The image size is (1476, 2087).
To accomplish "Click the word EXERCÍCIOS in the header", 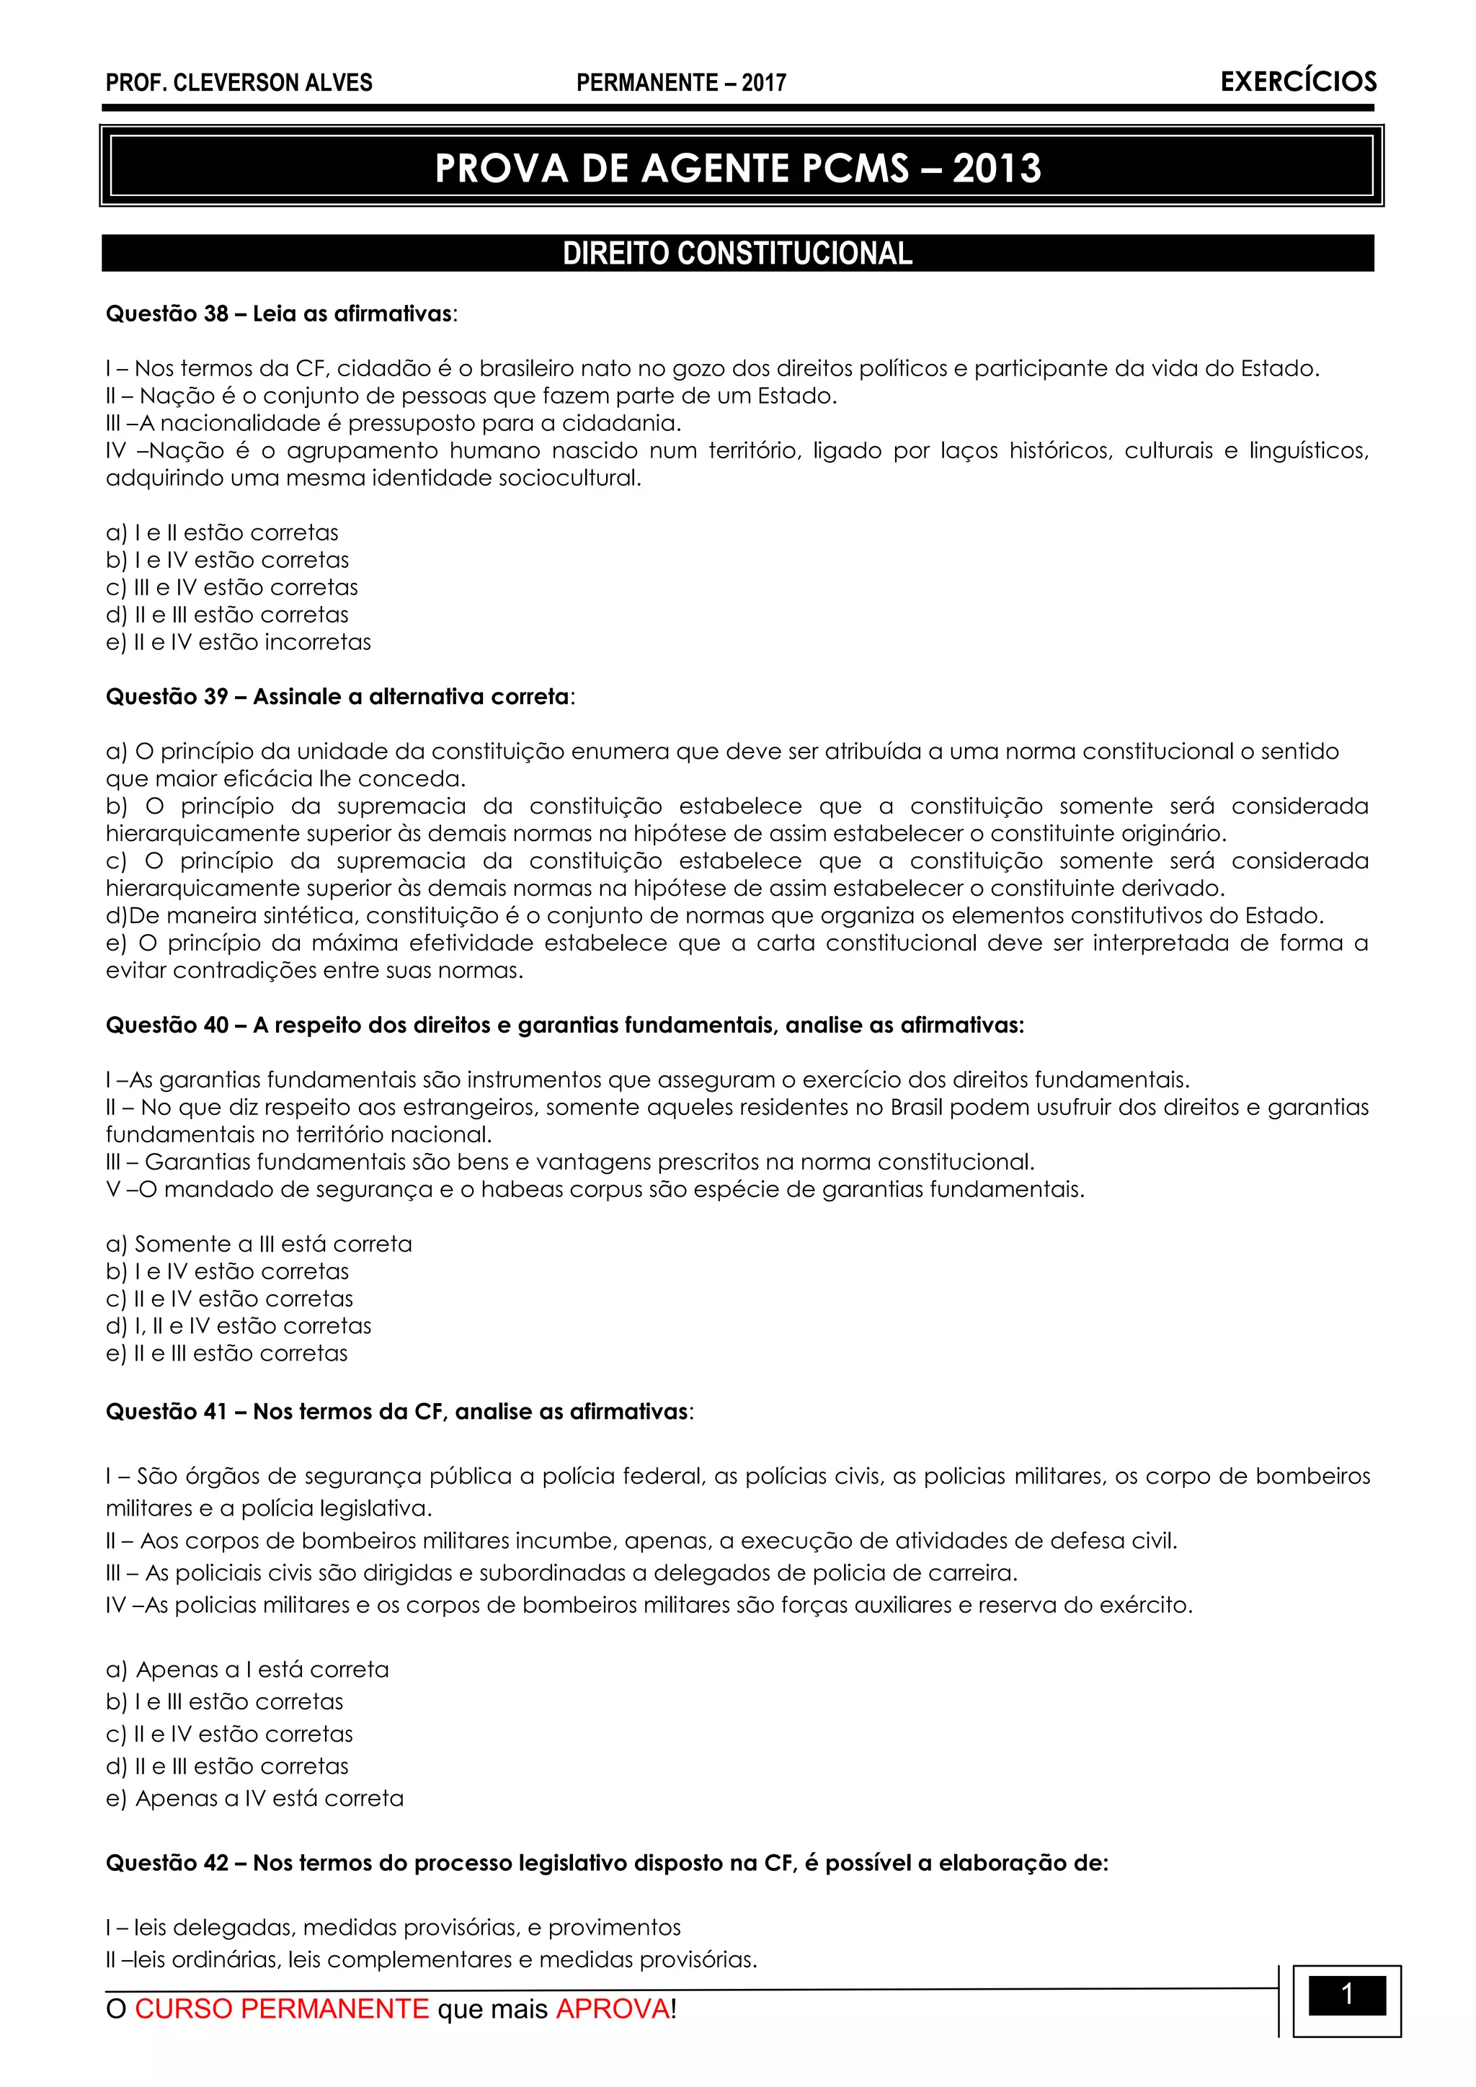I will pyautogui.click(x=1298, y=82).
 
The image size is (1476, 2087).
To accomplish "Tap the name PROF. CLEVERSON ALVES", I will pyautogui.click(x=239, y=83).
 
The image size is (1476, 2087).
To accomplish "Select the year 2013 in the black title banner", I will pyautogui.click(x=996, y=169).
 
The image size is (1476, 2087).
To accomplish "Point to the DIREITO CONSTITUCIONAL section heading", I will pyautogui.click(x=737, y=254).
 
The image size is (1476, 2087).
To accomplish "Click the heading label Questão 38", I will pyautogui.click(x=167, y=314).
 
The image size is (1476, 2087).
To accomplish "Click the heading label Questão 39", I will pyautogui.click(x=167, y=697).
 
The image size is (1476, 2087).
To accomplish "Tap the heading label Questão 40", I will pyautogui.click(x=167, y=1025).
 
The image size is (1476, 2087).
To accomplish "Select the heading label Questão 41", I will pyautogui.click(x=167, y=1412).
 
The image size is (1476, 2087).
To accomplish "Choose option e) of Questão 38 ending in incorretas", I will pyautogui.click(x=238, y=643).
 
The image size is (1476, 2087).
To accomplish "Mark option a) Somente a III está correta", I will pyautogui.click(x=259, y=1245).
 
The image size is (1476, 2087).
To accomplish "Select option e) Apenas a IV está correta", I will pyautogui.click(x=254, y=1799).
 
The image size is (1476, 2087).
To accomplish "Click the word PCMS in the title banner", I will pyautogui.click(x=850, y=169).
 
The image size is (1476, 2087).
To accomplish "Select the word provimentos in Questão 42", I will pyautogui.click(x=614, y=1928).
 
